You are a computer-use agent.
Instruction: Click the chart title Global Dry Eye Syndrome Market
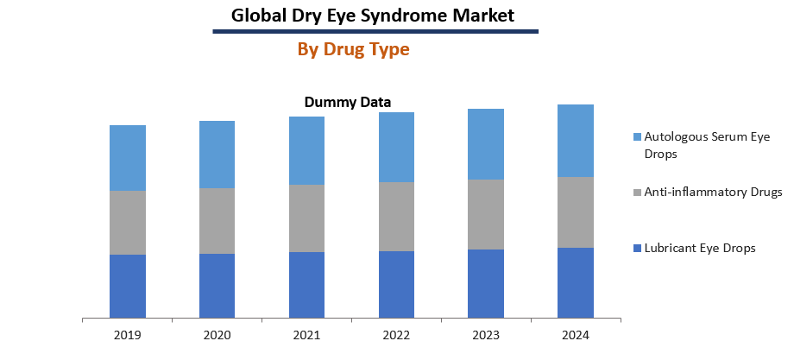click(x=373, y=15)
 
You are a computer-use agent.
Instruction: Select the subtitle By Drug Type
click(x=353, y=49)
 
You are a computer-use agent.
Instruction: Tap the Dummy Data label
click(x=347, y=102)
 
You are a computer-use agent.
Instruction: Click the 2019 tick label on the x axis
click(x=127, y=334)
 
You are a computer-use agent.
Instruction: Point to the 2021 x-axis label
click(x=306, y=334)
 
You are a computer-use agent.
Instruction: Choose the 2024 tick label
click(x=575, y=334)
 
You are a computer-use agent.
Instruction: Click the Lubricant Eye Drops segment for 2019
click(x=127, y=286)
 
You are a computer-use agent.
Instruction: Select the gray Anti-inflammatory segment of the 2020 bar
click(x=217, y=221)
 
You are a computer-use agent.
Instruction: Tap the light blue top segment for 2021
click(x=306, y=150)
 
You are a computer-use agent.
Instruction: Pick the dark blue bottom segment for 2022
click(x=396, y=284)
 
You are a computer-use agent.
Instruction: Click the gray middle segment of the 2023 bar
click(x=486, y=214)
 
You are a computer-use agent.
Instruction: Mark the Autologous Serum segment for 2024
click(x=575, y=141)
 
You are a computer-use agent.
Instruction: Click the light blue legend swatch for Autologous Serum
click(x=637, y=137)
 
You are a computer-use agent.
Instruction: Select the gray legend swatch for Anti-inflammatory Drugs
click(x=637, y=193)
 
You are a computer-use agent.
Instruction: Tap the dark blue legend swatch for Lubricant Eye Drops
click(x=637, y=249)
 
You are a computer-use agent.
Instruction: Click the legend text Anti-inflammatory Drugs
click(x=713, y=193)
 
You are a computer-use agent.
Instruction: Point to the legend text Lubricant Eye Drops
click(x=700, y=249)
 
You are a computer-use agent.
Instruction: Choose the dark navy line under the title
click(x=375, y=32)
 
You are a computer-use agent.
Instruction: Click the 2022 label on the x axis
click(x=396, y=334)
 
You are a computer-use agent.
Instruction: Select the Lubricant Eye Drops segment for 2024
click(x=575, y=282)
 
